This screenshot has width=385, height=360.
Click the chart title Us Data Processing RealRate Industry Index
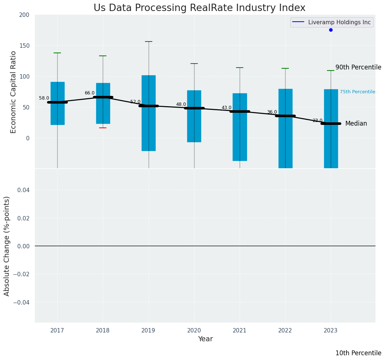(x=199, y=8)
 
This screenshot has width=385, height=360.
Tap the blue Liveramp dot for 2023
(x=331, y=30)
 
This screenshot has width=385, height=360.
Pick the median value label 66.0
(x=90, y=93)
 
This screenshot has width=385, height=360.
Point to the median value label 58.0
(x=44, y=98)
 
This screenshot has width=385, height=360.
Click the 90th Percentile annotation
(x=358, y=68)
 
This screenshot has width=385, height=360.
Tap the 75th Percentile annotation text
(x=357, y=92)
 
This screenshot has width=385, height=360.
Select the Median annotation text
(x=356, y=124)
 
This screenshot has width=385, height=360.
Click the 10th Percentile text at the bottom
(x=358, y=353)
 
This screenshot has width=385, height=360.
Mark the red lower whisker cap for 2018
(x=103, y=128)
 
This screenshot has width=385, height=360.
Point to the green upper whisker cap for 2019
(x=149, y=42)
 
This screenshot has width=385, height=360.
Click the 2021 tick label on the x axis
(x=240, y=331)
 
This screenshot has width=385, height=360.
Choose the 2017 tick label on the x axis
(x=57, y=331)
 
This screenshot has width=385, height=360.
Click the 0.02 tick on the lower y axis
(x=23, y=218)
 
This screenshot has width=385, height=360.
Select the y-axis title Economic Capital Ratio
(x=14, y=92)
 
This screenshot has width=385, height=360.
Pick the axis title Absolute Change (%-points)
(x=7, y=246)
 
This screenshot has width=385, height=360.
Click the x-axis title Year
(x=205, y=339)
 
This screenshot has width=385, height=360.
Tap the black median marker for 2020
(x=194, y=108)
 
